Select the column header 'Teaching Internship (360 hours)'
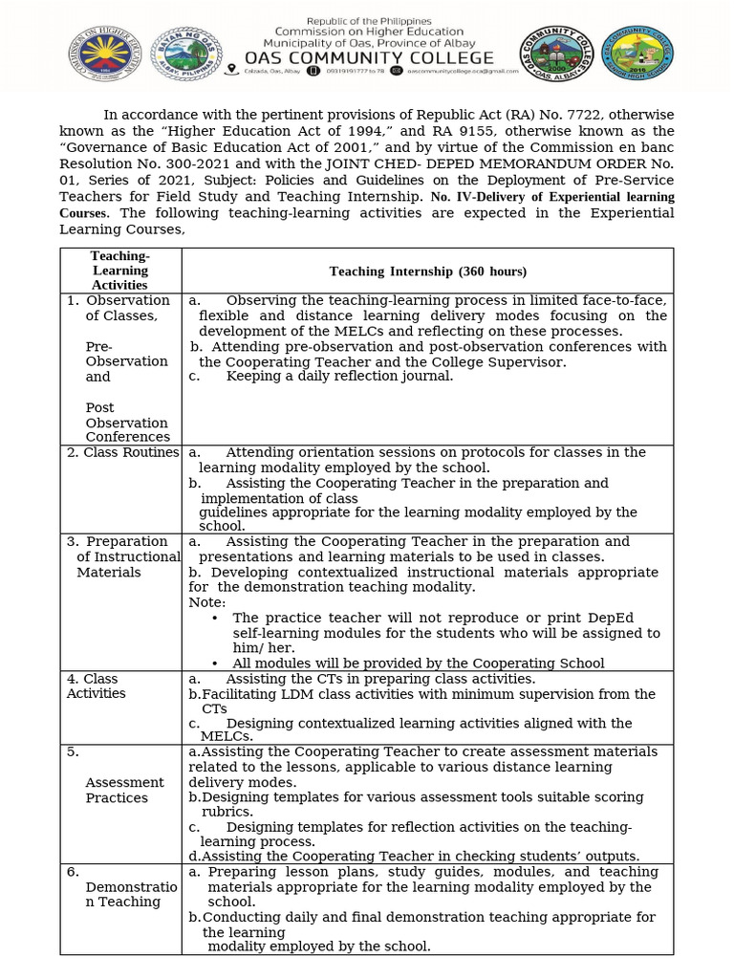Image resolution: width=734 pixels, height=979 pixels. (x=427, y=272)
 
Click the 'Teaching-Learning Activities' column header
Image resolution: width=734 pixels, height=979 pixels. (x=119, y=271)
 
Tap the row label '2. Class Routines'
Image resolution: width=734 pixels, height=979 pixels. (x=122, y=452)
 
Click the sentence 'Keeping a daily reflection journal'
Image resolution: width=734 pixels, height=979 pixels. (x=338, y=377)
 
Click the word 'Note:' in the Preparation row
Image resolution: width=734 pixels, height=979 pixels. (x=207, y=602)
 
